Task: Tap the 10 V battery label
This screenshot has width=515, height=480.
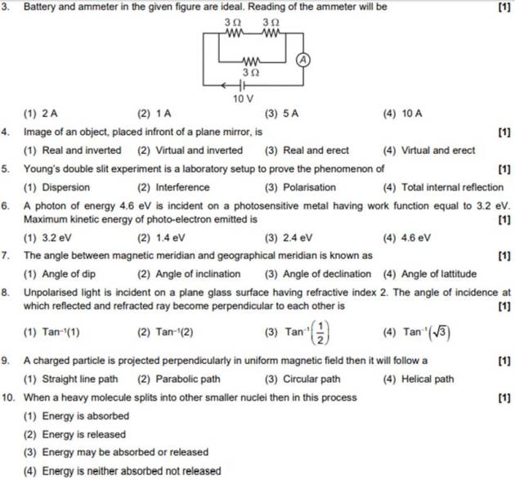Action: click(243, 98)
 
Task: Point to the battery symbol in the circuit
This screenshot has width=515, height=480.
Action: click(242, 84)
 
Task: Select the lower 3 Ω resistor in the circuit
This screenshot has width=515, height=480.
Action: click(252, 62)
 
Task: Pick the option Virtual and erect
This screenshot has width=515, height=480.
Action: click(428, 150)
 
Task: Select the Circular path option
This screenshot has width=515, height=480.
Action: click(302, 379)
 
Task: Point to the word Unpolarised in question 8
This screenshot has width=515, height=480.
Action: click(51, 292)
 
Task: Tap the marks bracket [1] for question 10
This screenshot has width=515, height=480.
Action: click(504, 397)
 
